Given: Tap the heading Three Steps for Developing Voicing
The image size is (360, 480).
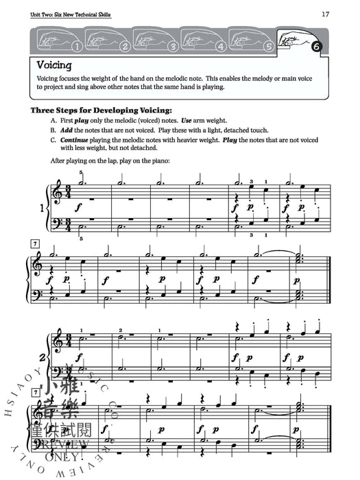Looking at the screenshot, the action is (101, 110).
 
